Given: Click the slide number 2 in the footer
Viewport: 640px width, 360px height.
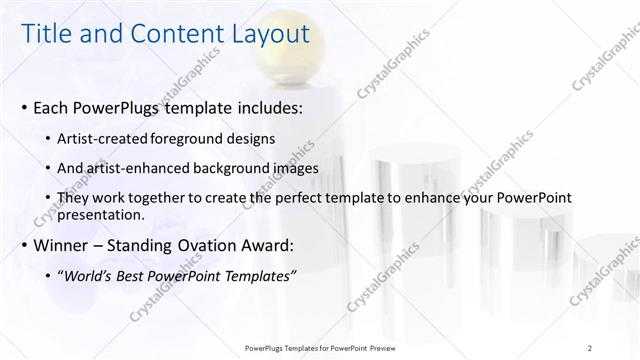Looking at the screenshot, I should click(590, 347).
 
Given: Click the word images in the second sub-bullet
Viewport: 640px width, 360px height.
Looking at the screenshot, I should click(295, 169).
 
